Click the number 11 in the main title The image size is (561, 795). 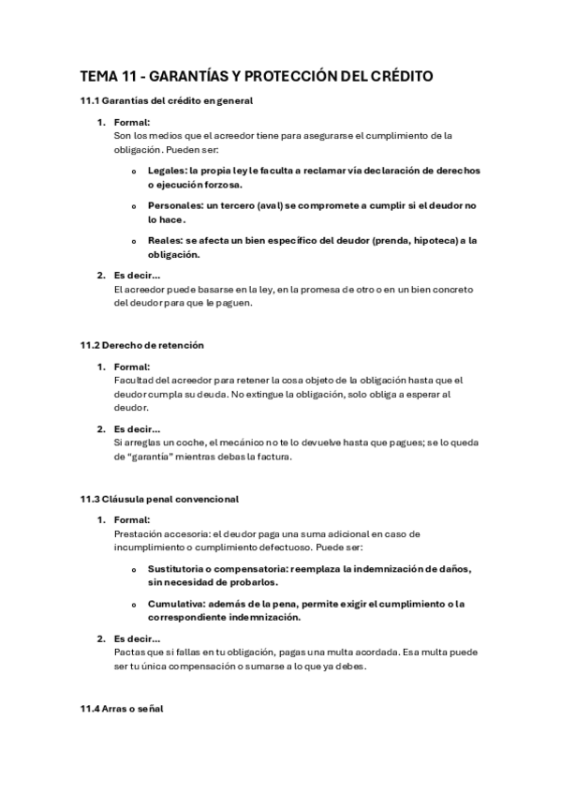pyautogui.click(x=128, y=77)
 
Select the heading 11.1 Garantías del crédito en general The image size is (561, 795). pyautogui.click(x=166, y=100)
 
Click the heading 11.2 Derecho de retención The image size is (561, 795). pyautogui.click(x=141, y=345)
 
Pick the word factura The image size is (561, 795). pyautogui.click(x=273, y=457)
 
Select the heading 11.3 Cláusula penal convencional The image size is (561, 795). pyautogui.click(x=159, y=499)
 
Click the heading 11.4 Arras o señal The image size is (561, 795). pyautogui.click(x=122, y=709)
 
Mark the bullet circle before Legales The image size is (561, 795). pyautogui.click(x=135, y=172)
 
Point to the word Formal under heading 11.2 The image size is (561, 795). pyautogui.click(x=131, y=367)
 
